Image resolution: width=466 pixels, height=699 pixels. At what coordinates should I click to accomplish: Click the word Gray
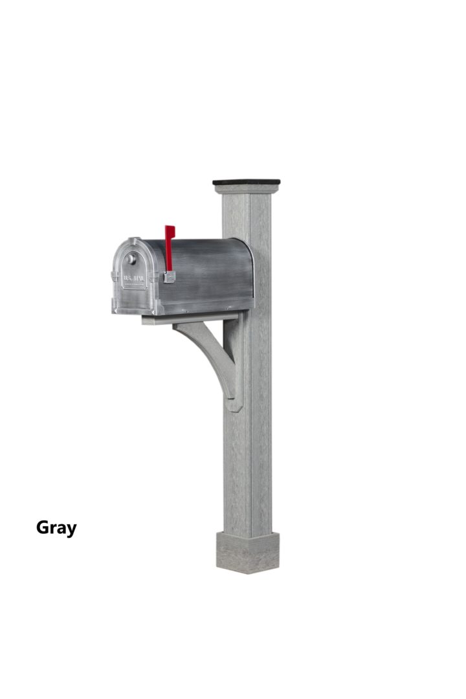pos(56,528)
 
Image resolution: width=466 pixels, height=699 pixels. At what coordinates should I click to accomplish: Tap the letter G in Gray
pos(43,527)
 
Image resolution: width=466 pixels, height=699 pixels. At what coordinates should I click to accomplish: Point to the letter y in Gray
pos(71,530)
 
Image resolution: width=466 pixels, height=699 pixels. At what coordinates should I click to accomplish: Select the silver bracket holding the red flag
pos(170,277)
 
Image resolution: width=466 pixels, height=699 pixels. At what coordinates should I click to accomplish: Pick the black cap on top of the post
pos(246,183)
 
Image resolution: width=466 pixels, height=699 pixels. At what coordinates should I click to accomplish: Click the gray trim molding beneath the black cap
pos(246,190)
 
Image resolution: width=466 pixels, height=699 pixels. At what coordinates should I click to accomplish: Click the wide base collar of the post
pos(247,553)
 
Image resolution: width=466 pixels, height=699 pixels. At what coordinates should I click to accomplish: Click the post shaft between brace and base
pos(247,472)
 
